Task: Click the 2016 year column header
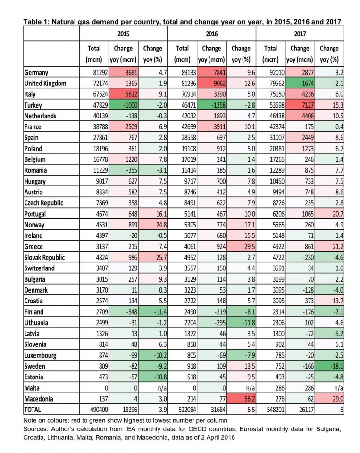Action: click(211, 34)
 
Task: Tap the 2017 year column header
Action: click(300, 34)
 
